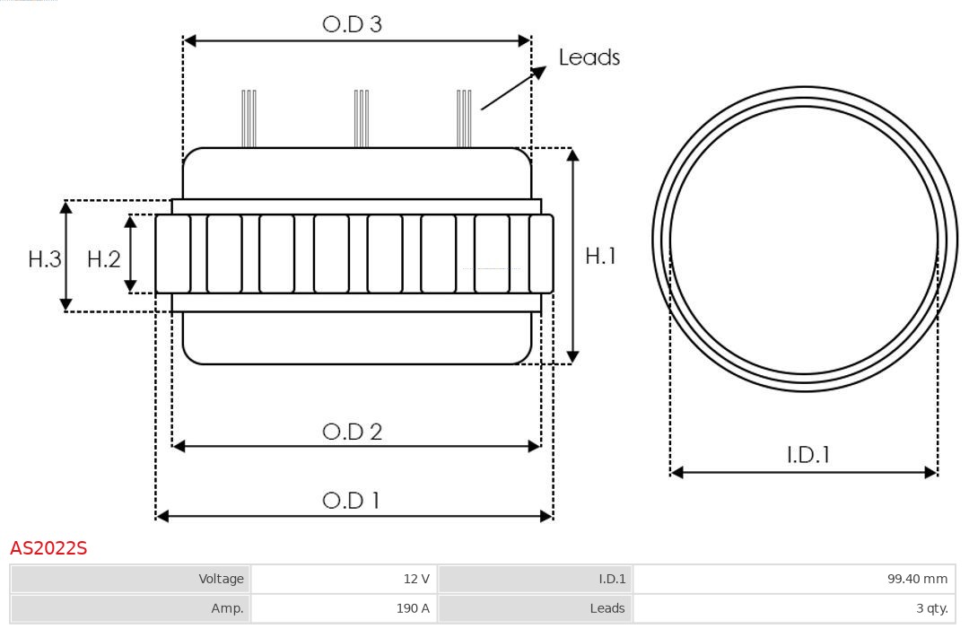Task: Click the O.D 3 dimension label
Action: point(352,24)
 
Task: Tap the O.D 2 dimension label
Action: point(353,432)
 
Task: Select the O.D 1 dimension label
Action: point(351,500)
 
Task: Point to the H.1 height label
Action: point(600,256)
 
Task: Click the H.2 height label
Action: point(104,259)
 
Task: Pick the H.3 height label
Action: point(45,259)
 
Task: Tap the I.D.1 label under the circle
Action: point(807,455)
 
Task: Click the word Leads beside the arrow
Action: point(589,57)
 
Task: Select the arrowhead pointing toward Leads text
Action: point(538,73)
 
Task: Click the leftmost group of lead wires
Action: point(249,118)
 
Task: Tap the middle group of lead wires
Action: point(362,118)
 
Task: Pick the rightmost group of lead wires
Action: point(464,118)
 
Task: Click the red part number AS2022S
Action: point(48,548)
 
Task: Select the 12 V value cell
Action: point(345,579)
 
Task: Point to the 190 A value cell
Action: point(345,608)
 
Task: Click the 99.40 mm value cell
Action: point(794,579)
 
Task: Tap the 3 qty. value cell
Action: point(794,608)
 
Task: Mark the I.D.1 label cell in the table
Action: point(535,579)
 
